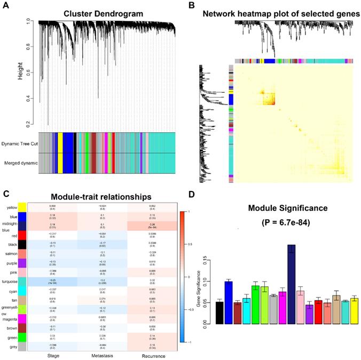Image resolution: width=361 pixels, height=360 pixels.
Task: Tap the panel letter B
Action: pos(191,5)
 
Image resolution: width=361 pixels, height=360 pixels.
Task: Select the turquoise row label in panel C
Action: pos(9,281)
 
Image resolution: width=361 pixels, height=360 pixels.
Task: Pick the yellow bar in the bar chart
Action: pos(354,311)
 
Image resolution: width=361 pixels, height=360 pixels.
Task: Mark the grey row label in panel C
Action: pos(9,347)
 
